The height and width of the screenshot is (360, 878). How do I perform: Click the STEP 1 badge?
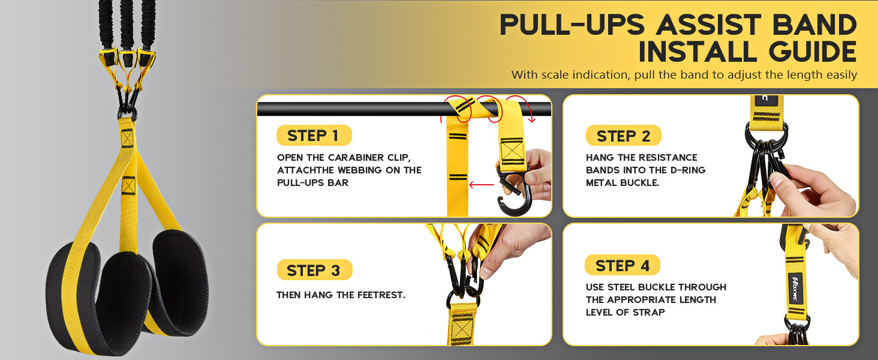click(314, 136)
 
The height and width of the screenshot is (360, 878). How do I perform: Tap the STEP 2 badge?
click(623, 136)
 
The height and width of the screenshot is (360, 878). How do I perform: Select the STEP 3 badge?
click(314, 270)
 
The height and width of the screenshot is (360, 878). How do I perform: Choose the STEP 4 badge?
click(623, 265)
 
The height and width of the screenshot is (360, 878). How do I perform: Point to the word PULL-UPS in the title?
click(572, 25)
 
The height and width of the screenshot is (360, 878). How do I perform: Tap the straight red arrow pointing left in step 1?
click(482, 185)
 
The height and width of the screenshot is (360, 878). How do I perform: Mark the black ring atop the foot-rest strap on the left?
click(127, 114)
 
